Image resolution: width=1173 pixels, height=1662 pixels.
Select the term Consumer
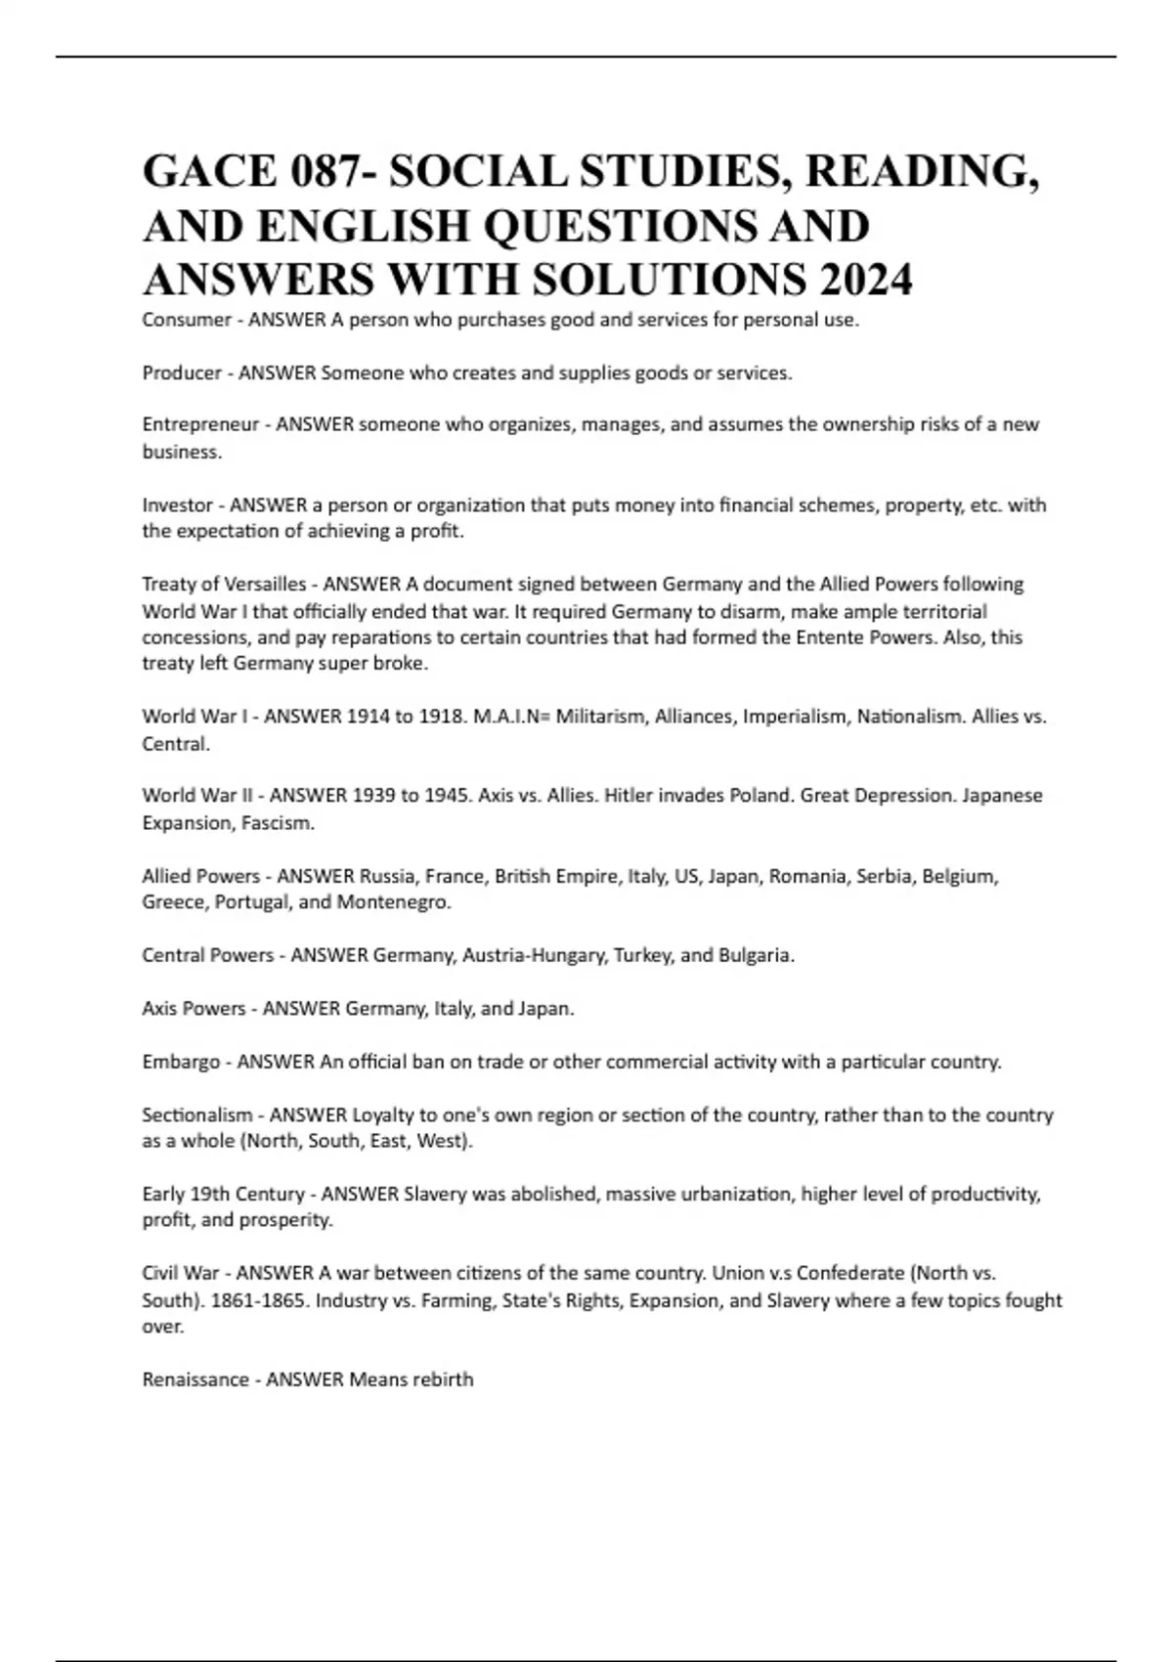(186, 320)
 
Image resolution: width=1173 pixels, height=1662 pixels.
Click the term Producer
(182, 372)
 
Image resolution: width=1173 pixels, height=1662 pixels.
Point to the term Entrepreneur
(200, 424)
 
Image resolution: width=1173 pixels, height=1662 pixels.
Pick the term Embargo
(181, 1062)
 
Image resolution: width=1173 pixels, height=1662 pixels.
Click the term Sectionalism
(197, 1115)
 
